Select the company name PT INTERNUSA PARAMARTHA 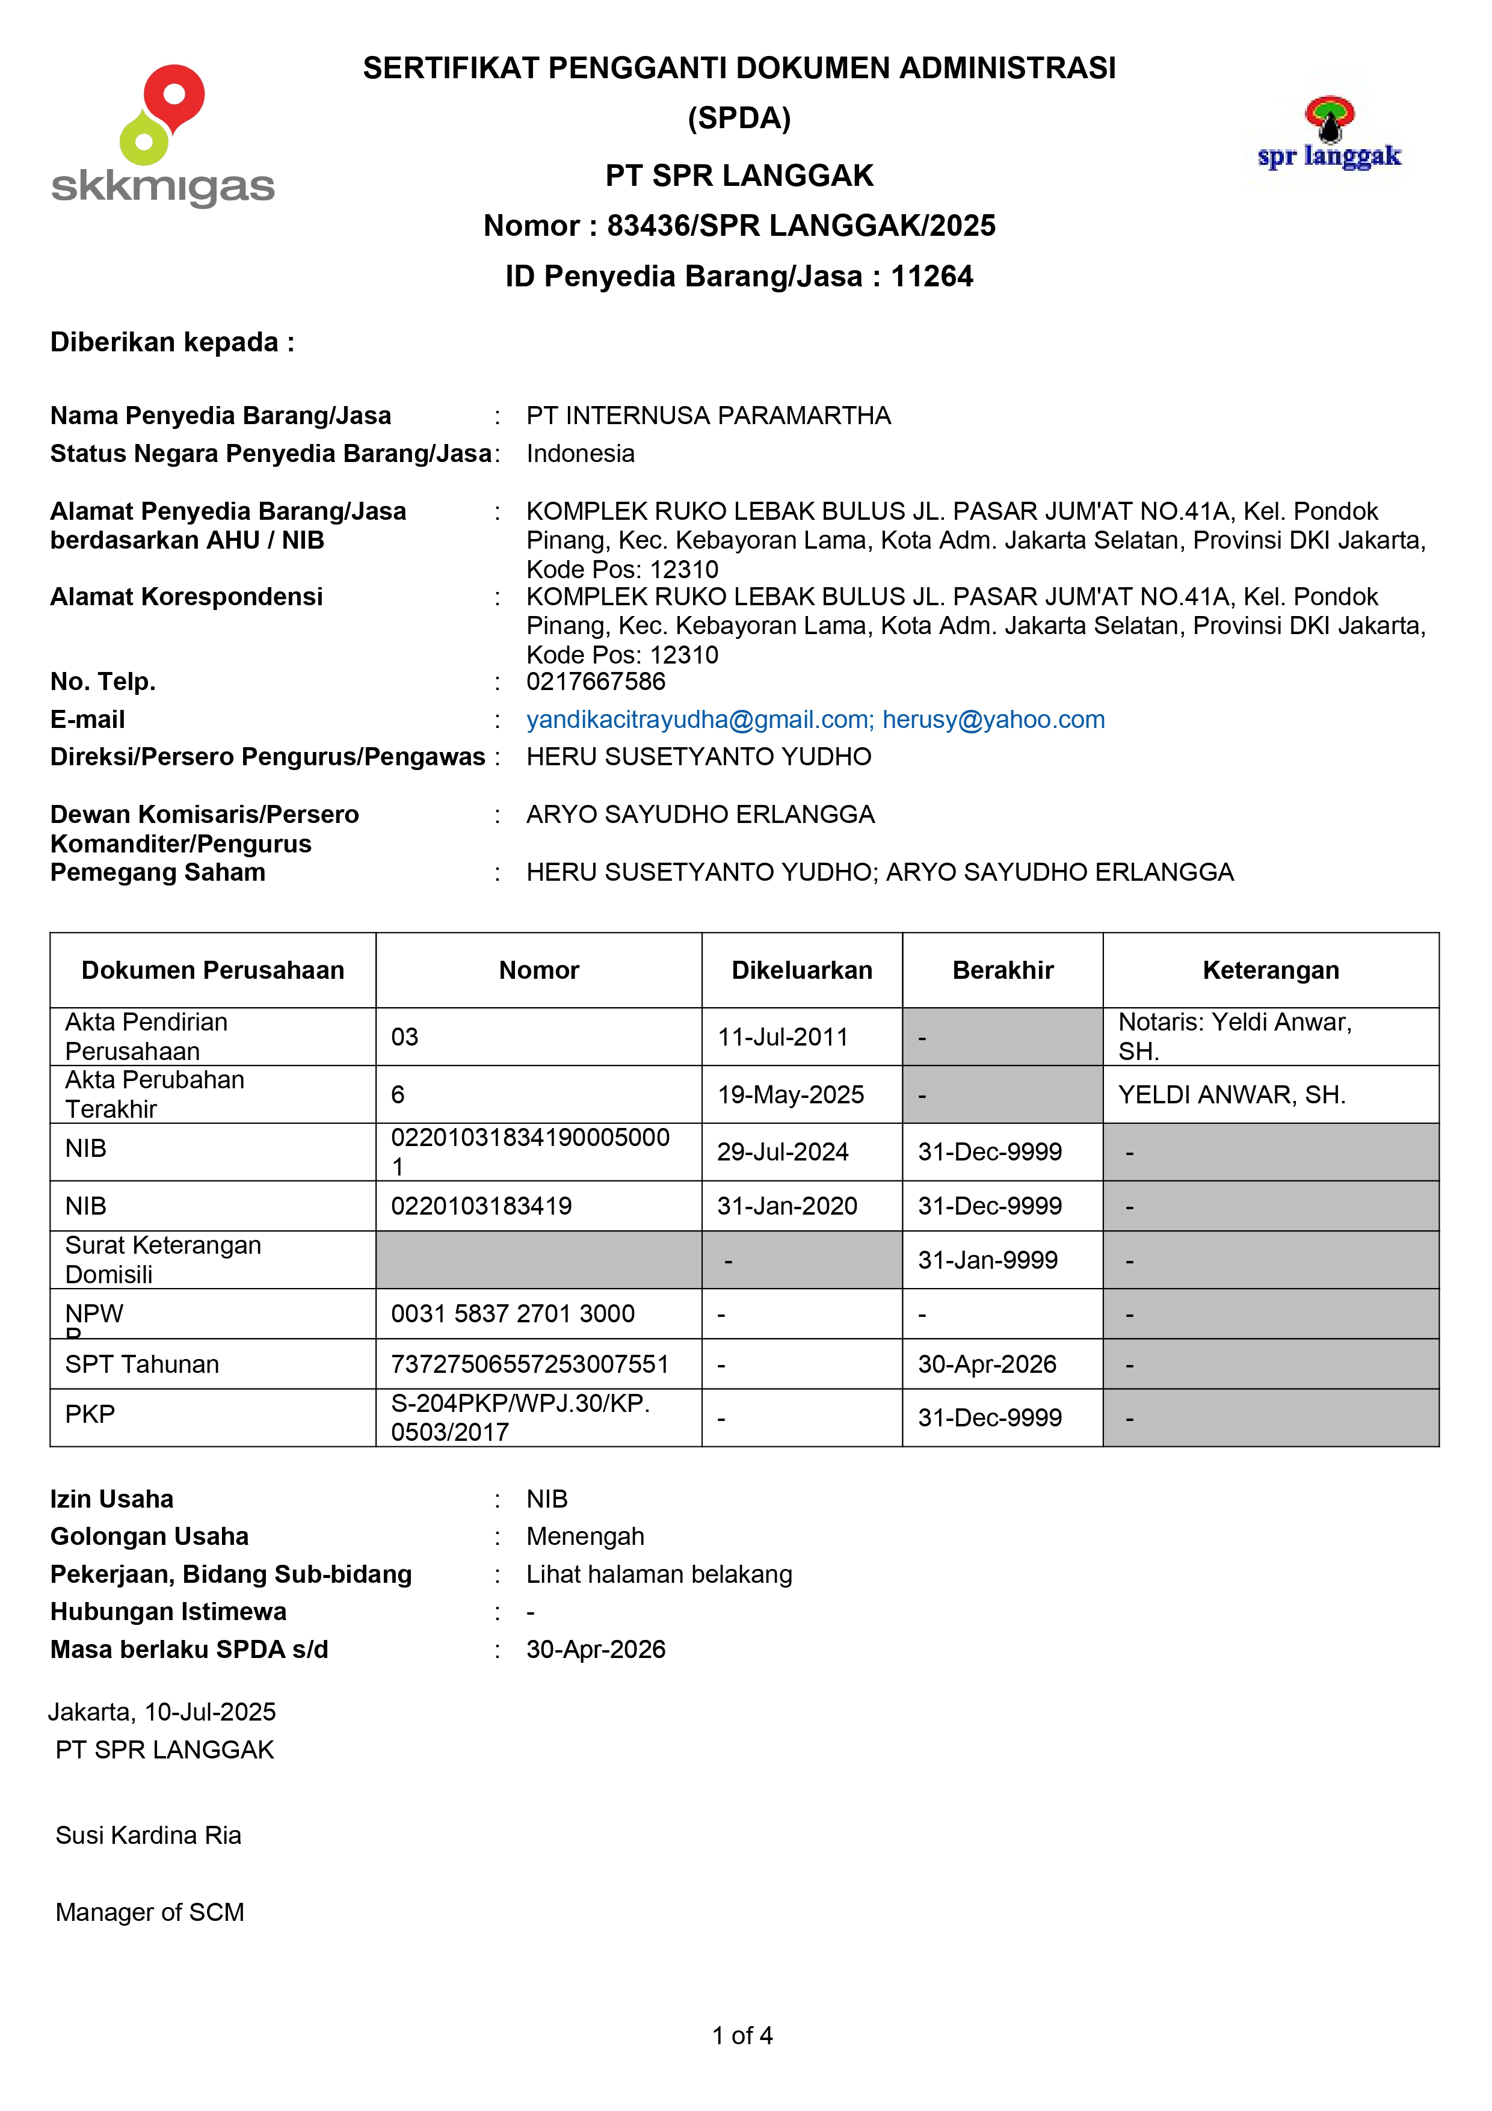click(x=708, y=416)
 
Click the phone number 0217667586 click(x=596, y=681)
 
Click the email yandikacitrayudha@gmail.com click(x=698, y=720)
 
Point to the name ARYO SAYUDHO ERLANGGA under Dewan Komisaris click(x=700, y=815)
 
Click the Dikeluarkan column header click(x=801, y=970)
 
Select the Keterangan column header click(x=1271, y=970)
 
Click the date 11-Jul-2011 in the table click(x=782, y=1037)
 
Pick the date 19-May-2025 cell click(x=791, y=1095)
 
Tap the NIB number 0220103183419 click(x=481, y=1206)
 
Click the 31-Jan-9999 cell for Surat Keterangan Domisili click(x=987, y=1260)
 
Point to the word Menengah click(x=585, y=1536)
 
